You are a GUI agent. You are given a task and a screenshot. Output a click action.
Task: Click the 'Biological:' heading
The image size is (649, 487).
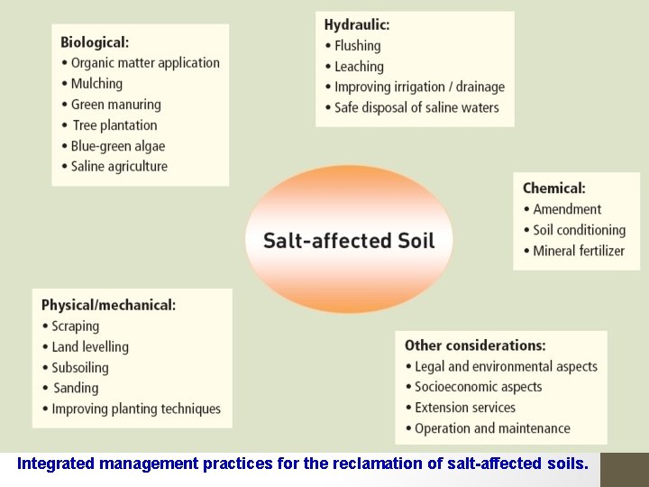click(x=95, y=42)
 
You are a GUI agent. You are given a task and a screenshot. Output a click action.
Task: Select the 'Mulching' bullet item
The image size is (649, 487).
click(x=96, y=84)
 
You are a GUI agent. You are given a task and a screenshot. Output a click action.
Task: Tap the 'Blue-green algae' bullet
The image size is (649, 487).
click(x=118, y=146)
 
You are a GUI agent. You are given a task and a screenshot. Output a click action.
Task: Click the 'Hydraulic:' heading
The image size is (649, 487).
click(x=357, y=24)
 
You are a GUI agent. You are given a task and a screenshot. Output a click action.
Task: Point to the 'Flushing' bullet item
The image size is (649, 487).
click(x=358, y=46)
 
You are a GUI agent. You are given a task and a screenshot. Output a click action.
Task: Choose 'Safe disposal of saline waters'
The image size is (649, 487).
click(x=416, y=108)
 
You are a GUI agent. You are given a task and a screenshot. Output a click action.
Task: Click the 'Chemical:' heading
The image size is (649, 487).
click(x=554, y=188)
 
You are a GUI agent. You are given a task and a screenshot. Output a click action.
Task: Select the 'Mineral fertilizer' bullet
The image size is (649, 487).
click(x=579, y=251)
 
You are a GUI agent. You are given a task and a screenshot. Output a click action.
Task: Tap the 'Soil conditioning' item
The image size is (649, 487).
click(x=579, y=230)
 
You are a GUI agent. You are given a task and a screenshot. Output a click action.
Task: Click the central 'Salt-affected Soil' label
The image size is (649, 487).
click(x=349, y=241)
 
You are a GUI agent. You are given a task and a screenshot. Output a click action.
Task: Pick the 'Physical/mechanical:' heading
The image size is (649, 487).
click(x=108, y=305)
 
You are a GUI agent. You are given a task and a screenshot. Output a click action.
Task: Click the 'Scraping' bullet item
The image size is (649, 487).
click(x=76, y=326)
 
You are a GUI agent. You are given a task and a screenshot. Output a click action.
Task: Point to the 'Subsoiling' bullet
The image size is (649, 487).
click(x=80, y=368)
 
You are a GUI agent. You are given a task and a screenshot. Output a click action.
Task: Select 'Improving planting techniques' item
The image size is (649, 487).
click(x=136, y=409)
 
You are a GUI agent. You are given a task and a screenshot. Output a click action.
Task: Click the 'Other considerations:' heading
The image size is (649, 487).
click(x=475, y=345)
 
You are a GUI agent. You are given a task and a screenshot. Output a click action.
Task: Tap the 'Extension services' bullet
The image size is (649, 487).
click(x=465, y=408)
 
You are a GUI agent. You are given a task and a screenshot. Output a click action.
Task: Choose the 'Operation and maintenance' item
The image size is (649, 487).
click(x=492, y=428)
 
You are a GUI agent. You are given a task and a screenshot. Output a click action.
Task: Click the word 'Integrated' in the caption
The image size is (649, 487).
click(x=57, y=464)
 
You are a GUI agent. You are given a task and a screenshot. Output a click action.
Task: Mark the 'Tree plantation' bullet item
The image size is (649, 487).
click(x=114, y=125)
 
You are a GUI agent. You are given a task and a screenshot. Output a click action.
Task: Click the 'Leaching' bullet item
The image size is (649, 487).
click(x=359, y=67)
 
